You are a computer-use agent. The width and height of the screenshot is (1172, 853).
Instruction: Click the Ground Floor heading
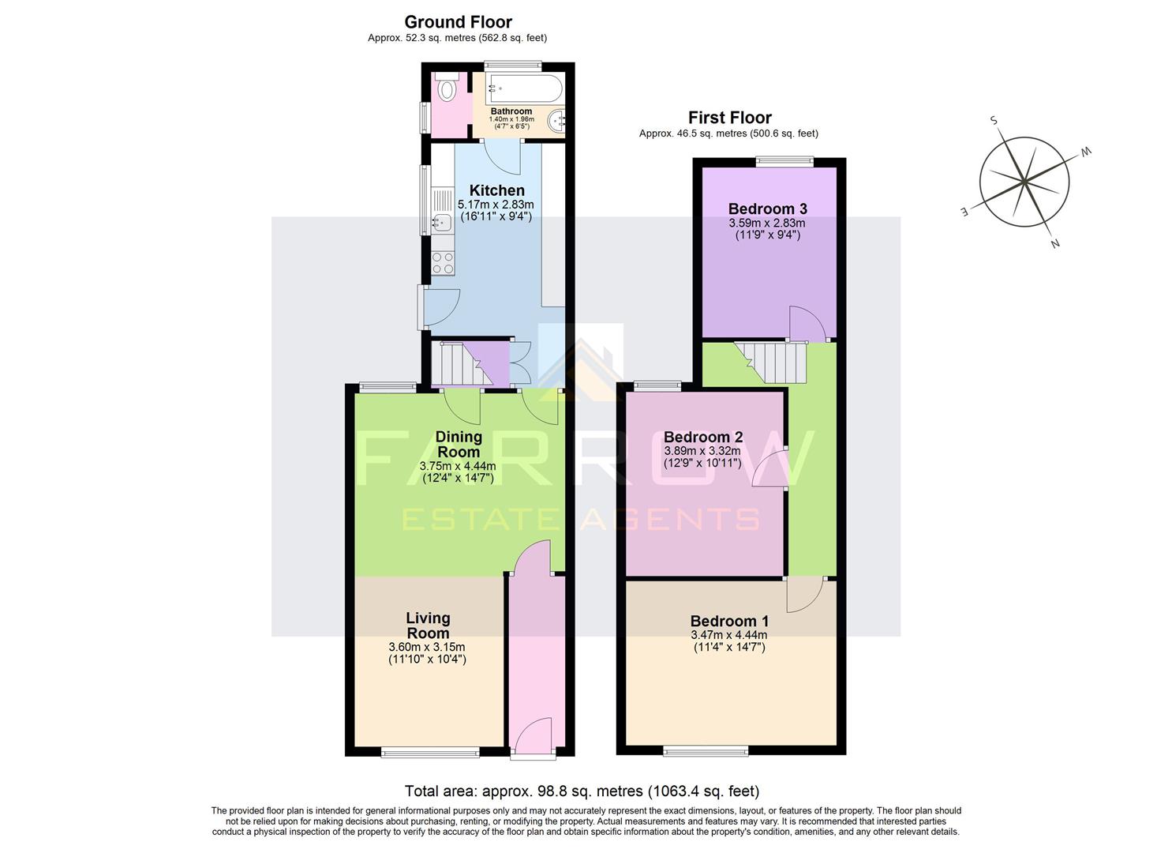(458, 22)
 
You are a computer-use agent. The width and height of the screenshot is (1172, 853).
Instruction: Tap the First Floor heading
(729, 118)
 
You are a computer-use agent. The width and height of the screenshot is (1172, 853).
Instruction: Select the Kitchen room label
(496, 190)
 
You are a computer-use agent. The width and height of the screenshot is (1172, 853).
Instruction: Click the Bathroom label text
(511, 111)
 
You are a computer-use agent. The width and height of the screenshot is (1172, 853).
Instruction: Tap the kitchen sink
(440, 223)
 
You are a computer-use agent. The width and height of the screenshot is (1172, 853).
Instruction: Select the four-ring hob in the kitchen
(443, 262)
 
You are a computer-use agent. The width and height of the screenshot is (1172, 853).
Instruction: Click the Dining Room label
(459, 444)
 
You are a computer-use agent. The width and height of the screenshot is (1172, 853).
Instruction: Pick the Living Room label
(428, 626)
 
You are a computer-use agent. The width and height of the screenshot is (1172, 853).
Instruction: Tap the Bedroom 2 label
(702, 437)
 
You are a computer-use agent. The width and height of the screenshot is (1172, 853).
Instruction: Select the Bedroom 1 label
(729, 621)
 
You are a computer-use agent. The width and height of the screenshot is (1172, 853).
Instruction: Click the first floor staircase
(773, 362)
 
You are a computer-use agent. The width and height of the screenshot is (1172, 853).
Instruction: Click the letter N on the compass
(1054, 243)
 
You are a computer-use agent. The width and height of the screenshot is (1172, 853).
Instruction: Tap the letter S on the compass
(994, 121)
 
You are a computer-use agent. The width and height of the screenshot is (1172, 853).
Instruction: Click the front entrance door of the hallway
(533, 737)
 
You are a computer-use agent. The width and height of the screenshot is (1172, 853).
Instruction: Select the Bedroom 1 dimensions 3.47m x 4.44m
(729, 635)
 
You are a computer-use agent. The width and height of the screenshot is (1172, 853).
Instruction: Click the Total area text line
(582, 791)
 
